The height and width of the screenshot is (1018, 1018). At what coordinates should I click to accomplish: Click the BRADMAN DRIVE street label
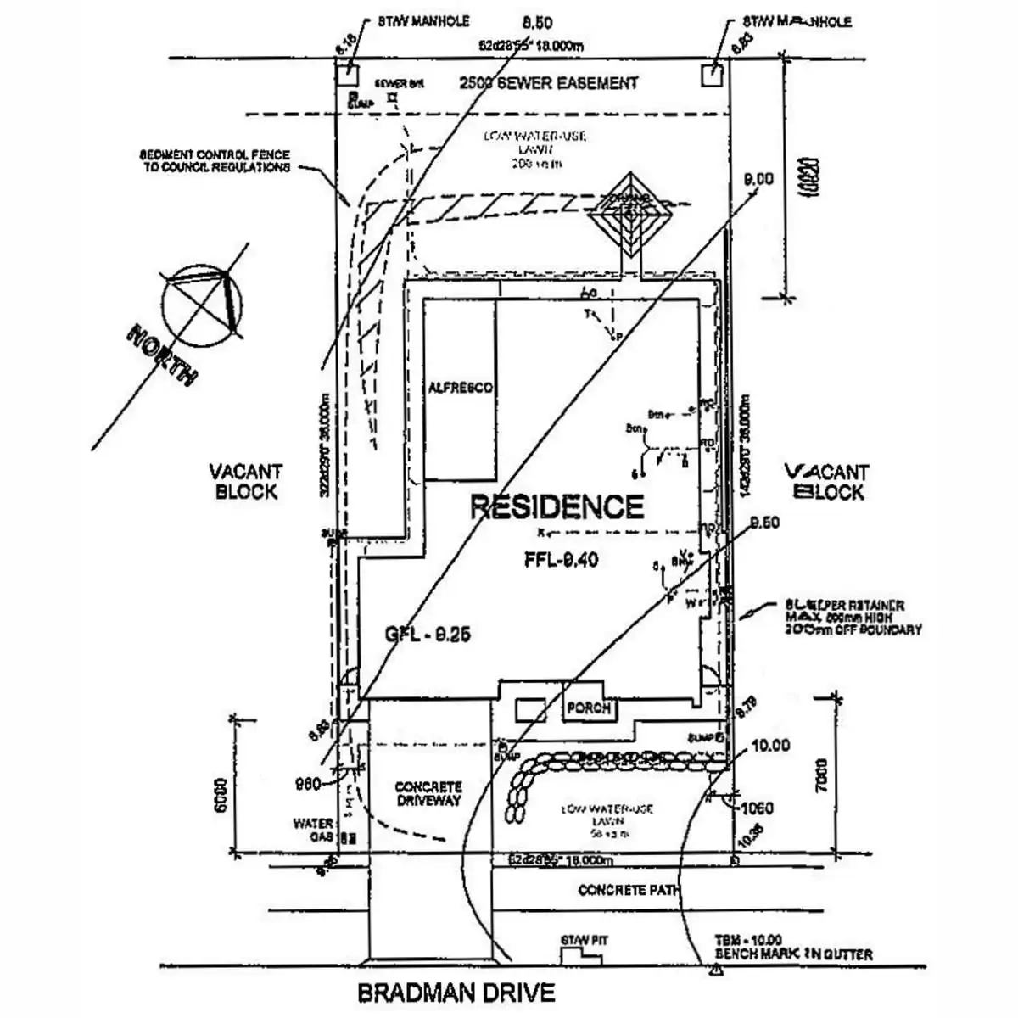coord(456,992)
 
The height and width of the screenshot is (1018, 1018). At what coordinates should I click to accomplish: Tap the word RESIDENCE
coord(557,506)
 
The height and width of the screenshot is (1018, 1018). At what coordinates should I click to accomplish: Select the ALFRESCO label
coord(459,388)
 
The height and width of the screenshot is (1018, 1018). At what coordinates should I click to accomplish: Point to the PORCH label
coord(589,708)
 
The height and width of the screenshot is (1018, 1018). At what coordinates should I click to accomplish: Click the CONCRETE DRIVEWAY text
coord(428,793)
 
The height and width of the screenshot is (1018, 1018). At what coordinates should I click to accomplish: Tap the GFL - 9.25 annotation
coord(428,634)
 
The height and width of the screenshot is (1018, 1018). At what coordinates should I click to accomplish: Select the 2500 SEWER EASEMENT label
coord(548,82)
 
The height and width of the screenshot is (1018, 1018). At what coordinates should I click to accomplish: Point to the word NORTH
coord(162,352)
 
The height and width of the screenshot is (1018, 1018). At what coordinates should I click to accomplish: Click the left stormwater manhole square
coord(346,75)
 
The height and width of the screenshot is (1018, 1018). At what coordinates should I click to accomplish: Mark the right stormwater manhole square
coord(712,75)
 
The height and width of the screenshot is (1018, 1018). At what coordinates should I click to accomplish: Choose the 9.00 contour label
coord(758,179)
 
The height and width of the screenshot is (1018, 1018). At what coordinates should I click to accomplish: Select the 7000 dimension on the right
coord(822,772)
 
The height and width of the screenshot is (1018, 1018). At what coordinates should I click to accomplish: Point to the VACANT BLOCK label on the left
coord(246,481)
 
